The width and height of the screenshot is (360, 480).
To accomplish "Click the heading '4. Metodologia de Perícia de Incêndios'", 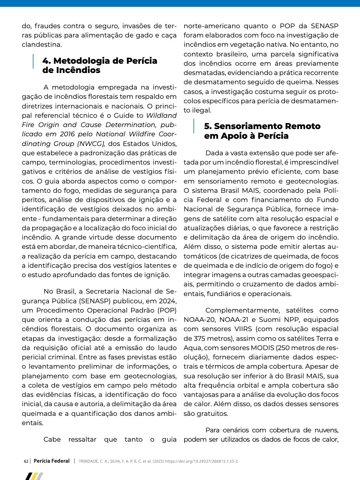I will point(100,65).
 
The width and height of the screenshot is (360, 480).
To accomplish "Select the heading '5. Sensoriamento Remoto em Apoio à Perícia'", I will point(262,131).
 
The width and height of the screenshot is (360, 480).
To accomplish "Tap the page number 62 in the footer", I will point(26,461).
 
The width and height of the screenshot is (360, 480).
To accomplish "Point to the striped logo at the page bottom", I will point(34,476).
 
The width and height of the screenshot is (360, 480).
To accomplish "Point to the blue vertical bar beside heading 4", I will point(33,61).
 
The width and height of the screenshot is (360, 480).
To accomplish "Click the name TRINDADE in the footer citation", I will point(89,461).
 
